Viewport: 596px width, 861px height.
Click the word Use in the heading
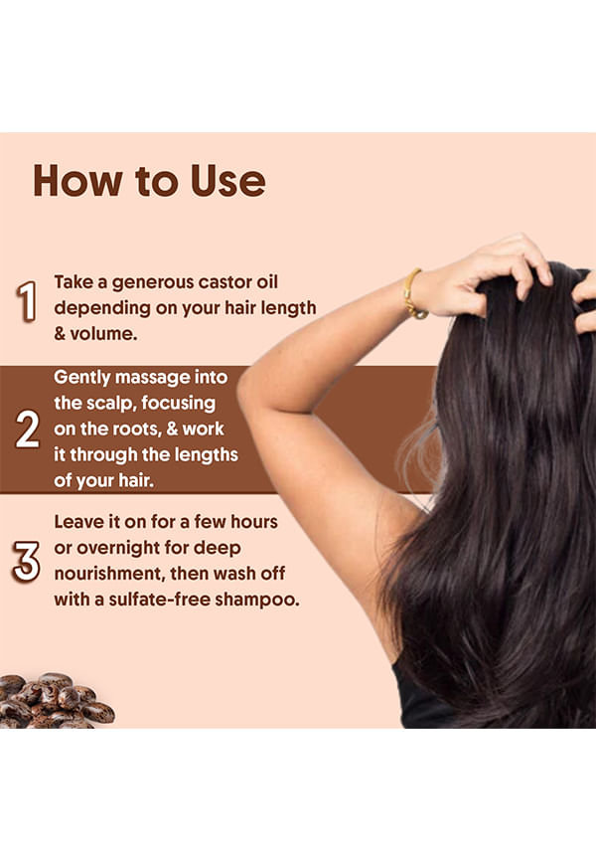point(228,181)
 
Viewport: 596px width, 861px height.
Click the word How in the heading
point(77,181)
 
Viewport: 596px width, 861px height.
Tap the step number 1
point(27,301)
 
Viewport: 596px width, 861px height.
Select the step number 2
point(28,429)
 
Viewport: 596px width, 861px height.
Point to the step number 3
point(27,561)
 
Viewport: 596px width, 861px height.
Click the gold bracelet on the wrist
point(413,295)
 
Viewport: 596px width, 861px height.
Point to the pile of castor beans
point(55,701)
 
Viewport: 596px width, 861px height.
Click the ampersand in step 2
point(172,429)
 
